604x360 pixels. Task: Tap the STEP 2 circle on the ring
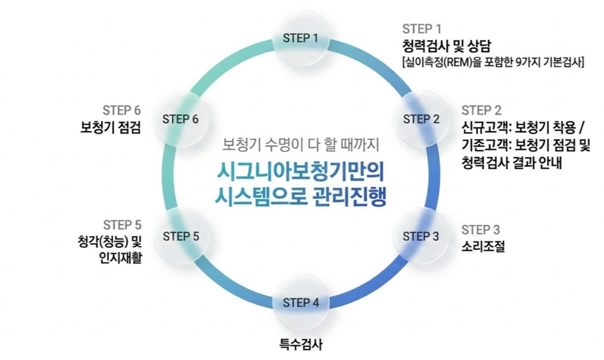coord(421,119)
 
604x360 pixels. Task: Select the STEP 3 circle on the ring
coord(421,236)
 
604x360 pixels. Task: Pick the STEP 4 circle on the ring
coord(301,303)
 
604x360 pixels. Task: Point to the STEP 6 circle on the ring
coord(180,119)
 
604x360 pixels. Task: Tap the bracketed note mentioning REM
coord(493,61)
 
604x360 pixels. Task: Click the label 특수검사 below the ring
coord(301,343)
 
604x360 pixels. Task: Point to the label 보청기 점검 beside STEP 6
coord(110,127)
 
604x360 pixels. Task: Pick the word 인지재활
coord(120,257)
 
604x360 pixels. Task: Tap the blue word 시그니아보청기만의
coord(301,170)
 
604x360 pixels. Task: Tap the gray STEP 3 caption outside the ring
coord(481,230)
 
